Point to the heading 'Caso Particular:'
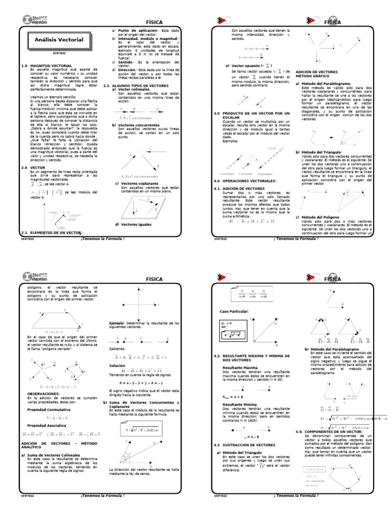[234, 311]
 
